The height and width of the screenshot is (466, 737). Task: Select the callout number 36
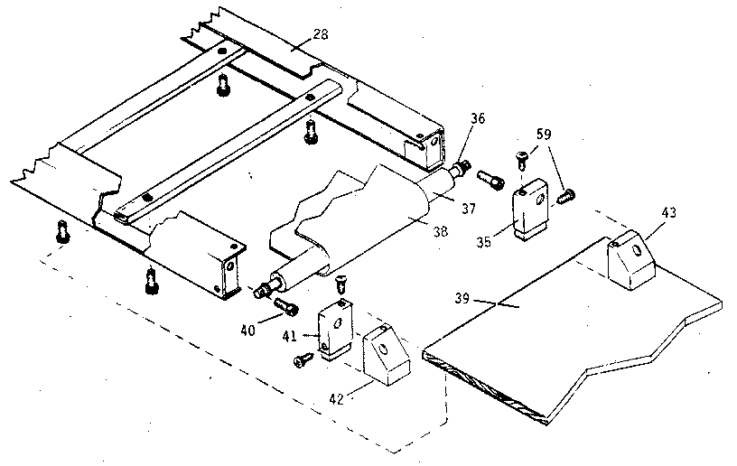479,118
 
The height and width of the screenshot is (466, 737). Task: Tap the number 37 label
469,209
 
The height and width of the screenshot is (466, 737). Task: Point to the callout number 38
441,231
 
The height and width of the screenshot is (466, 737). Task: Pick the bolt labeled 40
287,307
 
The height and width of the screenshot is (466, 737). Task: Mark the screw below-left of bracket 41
302,361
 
